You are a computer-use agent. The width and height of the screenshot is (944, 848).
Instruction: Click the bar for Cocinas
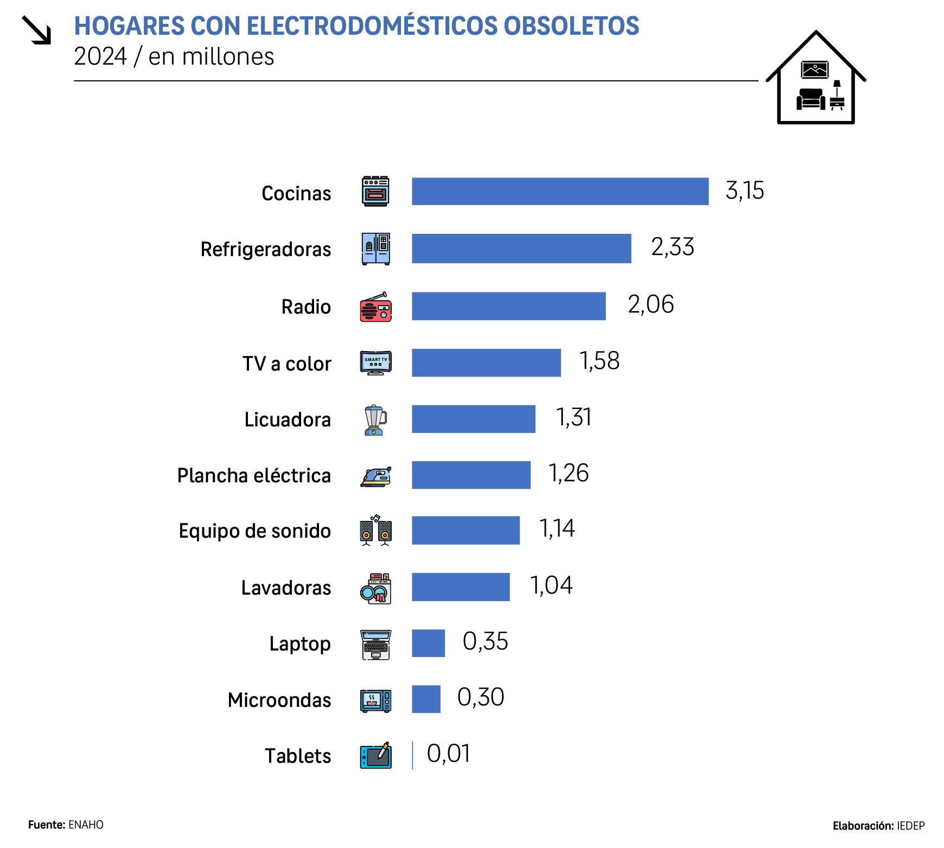560,192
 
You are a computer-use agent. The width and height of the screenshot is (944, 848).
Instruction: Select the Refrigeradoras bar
521,248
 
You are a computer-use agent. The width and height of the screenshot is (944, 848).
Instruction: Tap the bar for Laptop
428,643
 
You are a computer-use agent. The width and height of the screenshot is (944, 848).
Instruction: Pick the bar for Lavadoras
461,587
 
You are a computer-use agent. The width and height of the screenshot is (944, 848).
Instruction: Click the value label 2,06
650,304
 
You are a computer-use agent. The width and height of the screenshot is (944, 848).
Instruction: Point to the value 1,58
599,361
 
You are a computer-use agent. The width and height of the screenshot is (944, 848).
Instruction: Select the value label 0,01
448,754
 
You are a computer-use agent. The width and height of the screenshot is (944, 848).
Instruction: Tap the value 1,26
568,473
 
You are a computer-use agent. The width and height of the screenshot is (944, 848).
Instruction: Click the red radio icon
375,307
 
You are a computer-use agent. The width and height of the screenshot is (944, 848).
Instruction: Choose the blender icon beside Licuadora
375,420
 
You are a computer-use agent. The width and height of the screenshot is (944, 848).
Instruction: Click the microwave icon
375,700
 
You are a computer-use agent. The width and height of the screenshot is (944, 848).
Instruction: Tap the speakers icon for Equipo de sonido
375,531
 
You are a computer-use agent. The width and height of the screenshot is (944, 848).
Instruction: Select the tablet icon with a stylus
375,755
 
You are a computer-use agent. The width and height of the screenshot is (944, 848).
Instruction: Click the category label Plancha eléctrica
254,476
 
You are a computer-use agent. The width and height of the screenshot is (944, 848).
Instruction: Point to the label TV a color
286,364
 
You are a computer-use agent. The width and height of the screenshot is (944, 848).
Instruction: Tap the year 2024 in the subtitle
100,56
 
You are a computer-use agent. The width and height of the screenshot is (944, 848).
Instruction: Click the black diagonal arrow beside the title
36,30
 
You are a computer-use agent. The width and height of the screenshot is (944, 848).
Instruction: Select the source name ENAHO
86,825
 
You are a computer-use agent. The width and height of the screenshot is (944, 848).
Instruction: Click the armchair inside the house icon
811,99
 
